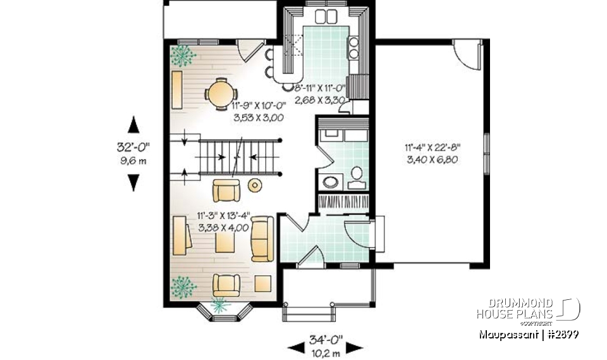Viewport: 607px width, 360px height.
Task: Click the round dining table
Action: click(x=219, y=94)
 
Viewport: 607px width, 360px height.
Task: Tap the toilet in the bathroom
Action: click(x=356, y=173)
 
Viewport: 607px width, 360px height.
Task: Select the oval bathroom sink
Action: click(x=331, y=182)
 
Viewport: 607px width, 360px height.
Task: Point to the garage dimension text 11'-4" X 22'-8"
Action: click(x=433, y=149)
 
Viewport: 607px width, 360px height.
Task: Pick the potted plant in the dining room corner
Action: click(x=184, y=55)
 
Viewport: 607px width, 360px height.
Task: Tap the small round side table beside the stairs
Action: click(x=255, y=185)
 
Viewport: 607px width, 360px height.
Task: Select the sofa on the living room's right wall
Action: click(x=262, y=238)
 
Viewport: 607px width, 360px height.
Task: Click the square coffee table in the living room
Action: click(x=224, y=242)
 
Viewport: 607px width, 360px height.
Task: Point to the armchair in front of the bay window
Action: click(x=225, y=284)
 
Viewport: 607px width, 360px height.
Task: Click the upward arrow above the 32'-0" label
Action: click(x=133, y=123)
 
